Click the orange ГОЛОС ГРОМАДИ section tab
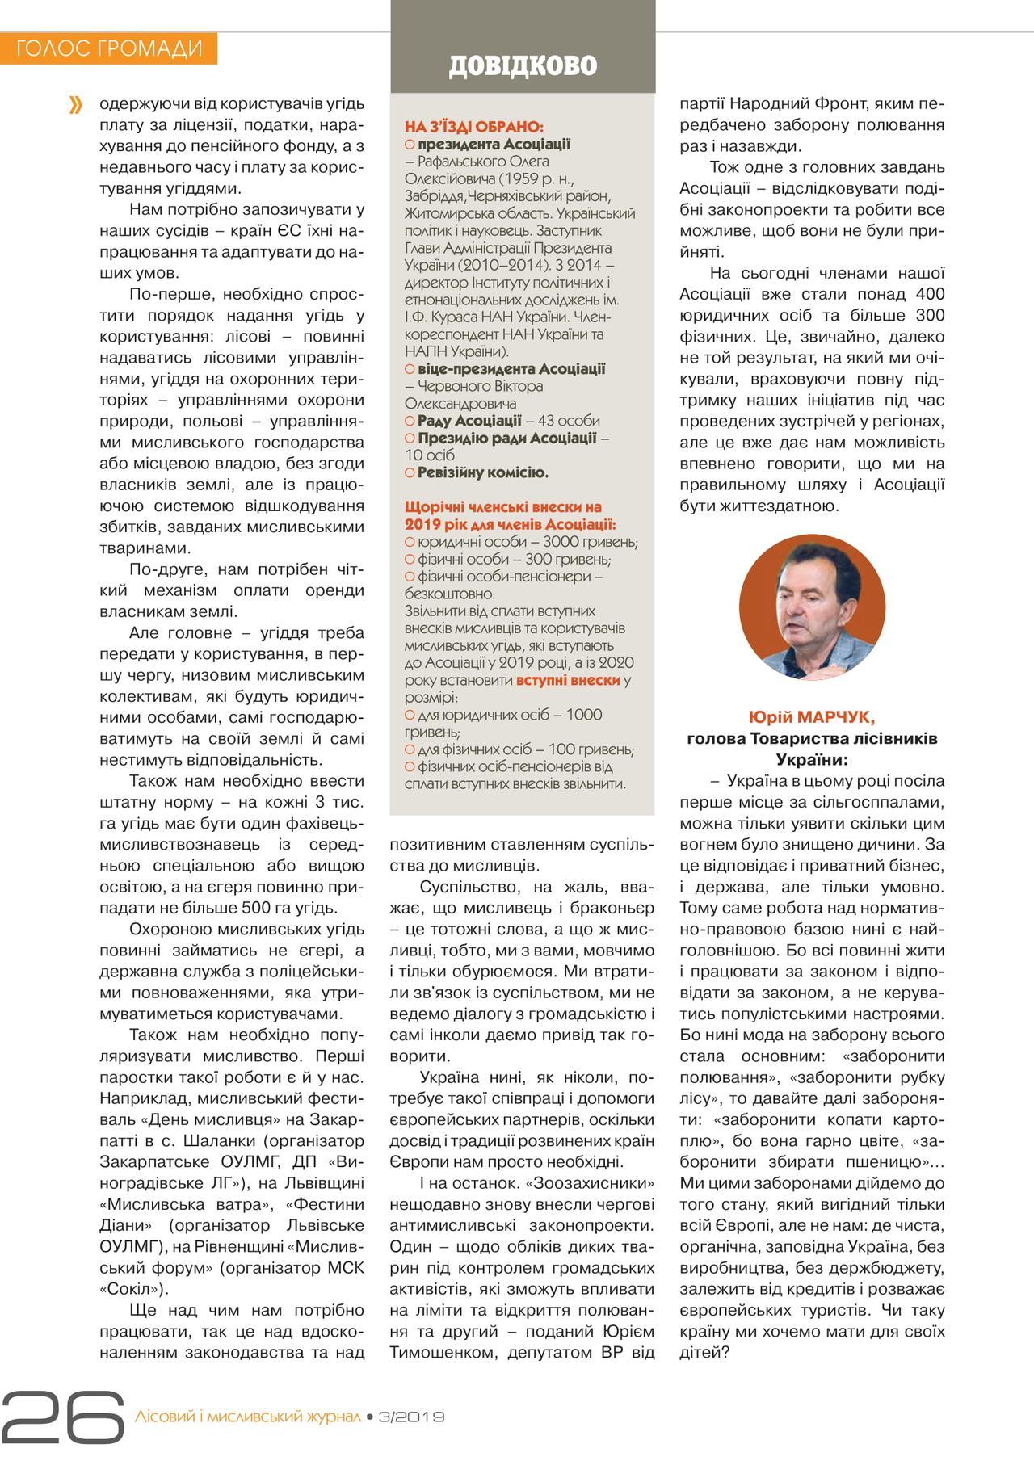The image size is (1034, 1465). [109, 48]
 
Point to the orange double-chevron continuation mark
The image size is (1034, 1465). [76, 105]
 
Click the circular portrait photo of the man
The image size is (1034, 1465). [812, 607]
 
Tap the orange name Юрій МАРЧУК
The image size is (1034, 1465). [812, 717]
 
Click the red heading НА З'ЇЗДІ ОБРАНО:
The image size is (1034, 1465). [474, 127]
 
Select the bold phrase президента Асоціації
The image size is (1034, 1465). [494, 145]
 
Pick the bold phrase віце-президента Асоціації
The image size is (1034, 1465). [511, 369]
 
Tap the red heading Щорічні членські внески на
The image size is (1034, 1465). [502, 507]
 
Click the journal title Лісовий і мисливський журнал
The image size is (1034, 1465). [247, 1417]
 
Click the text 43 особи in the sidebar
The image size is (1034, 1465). [563, 421]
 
